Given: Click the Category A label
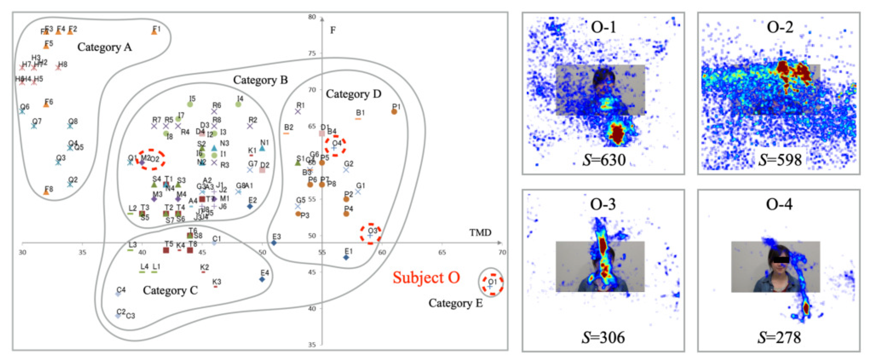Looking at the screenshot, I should (x=104, y=47).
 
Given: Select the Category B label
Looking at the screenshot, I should (x=260, y=80).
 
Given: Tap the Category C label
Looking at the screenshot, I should (x=170, y=290).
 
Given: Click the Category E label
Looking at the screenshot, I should (x=455, y=303).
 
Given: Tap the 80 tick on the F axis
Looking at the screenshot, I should (x=312, y=17).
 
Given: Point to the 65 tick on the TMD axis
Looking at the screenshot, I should (x=442, y=252).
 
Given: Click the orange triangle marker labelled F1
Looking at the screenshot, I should (x=154, y=31).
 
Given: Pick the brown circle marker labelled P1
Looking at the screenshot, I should (x=394, y=112).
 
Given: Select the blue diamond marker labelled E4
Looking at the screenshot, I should (x=262, y=279).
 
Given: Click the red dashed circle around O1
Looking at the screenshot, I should (x=492, y=285).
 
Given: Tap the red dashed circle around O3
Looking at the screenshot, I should (x=370, y=233).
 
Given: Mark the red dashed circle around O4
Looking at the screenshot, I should (x=335, y=146).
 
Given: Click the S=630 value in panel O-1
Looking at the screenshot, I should (x=604, y=160).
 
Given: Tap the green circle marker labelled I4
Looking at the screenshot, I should (x=238, y=104).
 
